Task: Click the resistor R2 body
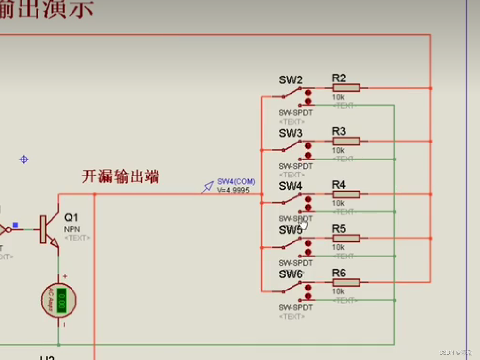click(346, 88)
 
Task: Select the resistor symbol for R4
click(346, 194)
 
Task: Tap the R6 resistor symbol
click(346, 283)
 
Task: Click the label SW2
click(291, 80)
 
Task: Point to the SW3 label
click(291, 133)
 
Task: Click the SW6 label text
click(291, 274)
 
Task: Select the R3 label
click(338, 131)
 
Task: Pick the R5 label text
click(338, 229)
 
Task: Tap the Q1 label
click(71, 217)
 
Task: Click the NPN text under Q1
click(72, 229)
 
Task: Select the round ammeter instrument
click(59, 300)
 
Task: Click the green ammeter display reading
click(62, 300)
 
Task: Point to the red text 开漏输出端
click(120, 177)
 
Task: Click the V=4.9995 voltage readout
click(233, 190)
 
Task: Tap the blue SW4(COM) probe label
click(236, 182)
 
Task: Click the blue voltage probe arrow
click(208, 187)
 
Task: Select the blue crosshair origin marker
click(24, 159)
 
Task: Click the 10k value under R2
click(338, 97)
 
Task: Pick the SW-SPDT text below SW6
click(296, 308)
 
